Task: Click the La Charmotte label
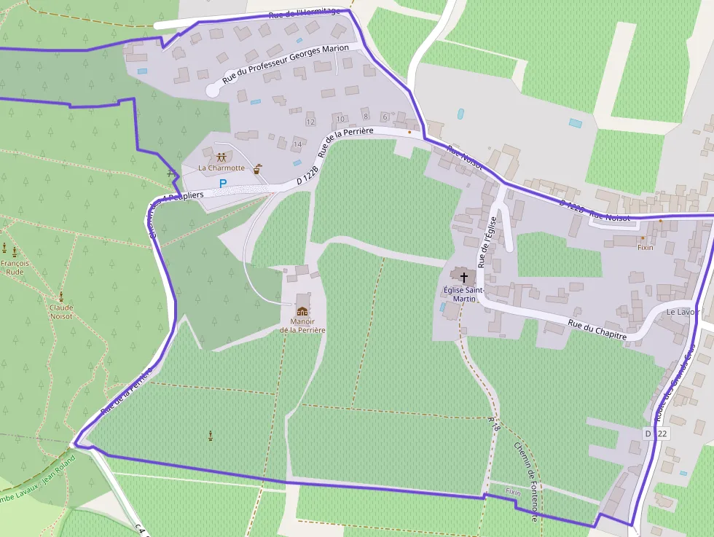[221, 168]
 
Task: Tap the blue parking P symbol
[223, 184]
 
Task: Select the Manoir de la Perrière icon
[302, 311]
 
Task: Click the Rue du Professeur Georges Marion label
[286, 64]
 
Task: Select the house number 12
[310, 122]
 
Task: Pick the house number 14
[297, 145]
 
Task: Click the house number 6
[385, 117]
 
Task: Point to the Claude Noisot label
[61, 312]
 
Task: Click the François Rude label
[15, 267]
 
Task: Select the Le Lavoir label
[683, 312]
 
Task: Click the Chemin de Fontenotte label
[525, 482]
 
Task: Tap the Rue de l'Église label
[487, 240]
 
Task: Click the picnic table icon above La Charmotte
[221, 157]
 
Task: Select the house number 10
[340, 119]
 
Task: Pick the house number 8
[365, 117]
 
